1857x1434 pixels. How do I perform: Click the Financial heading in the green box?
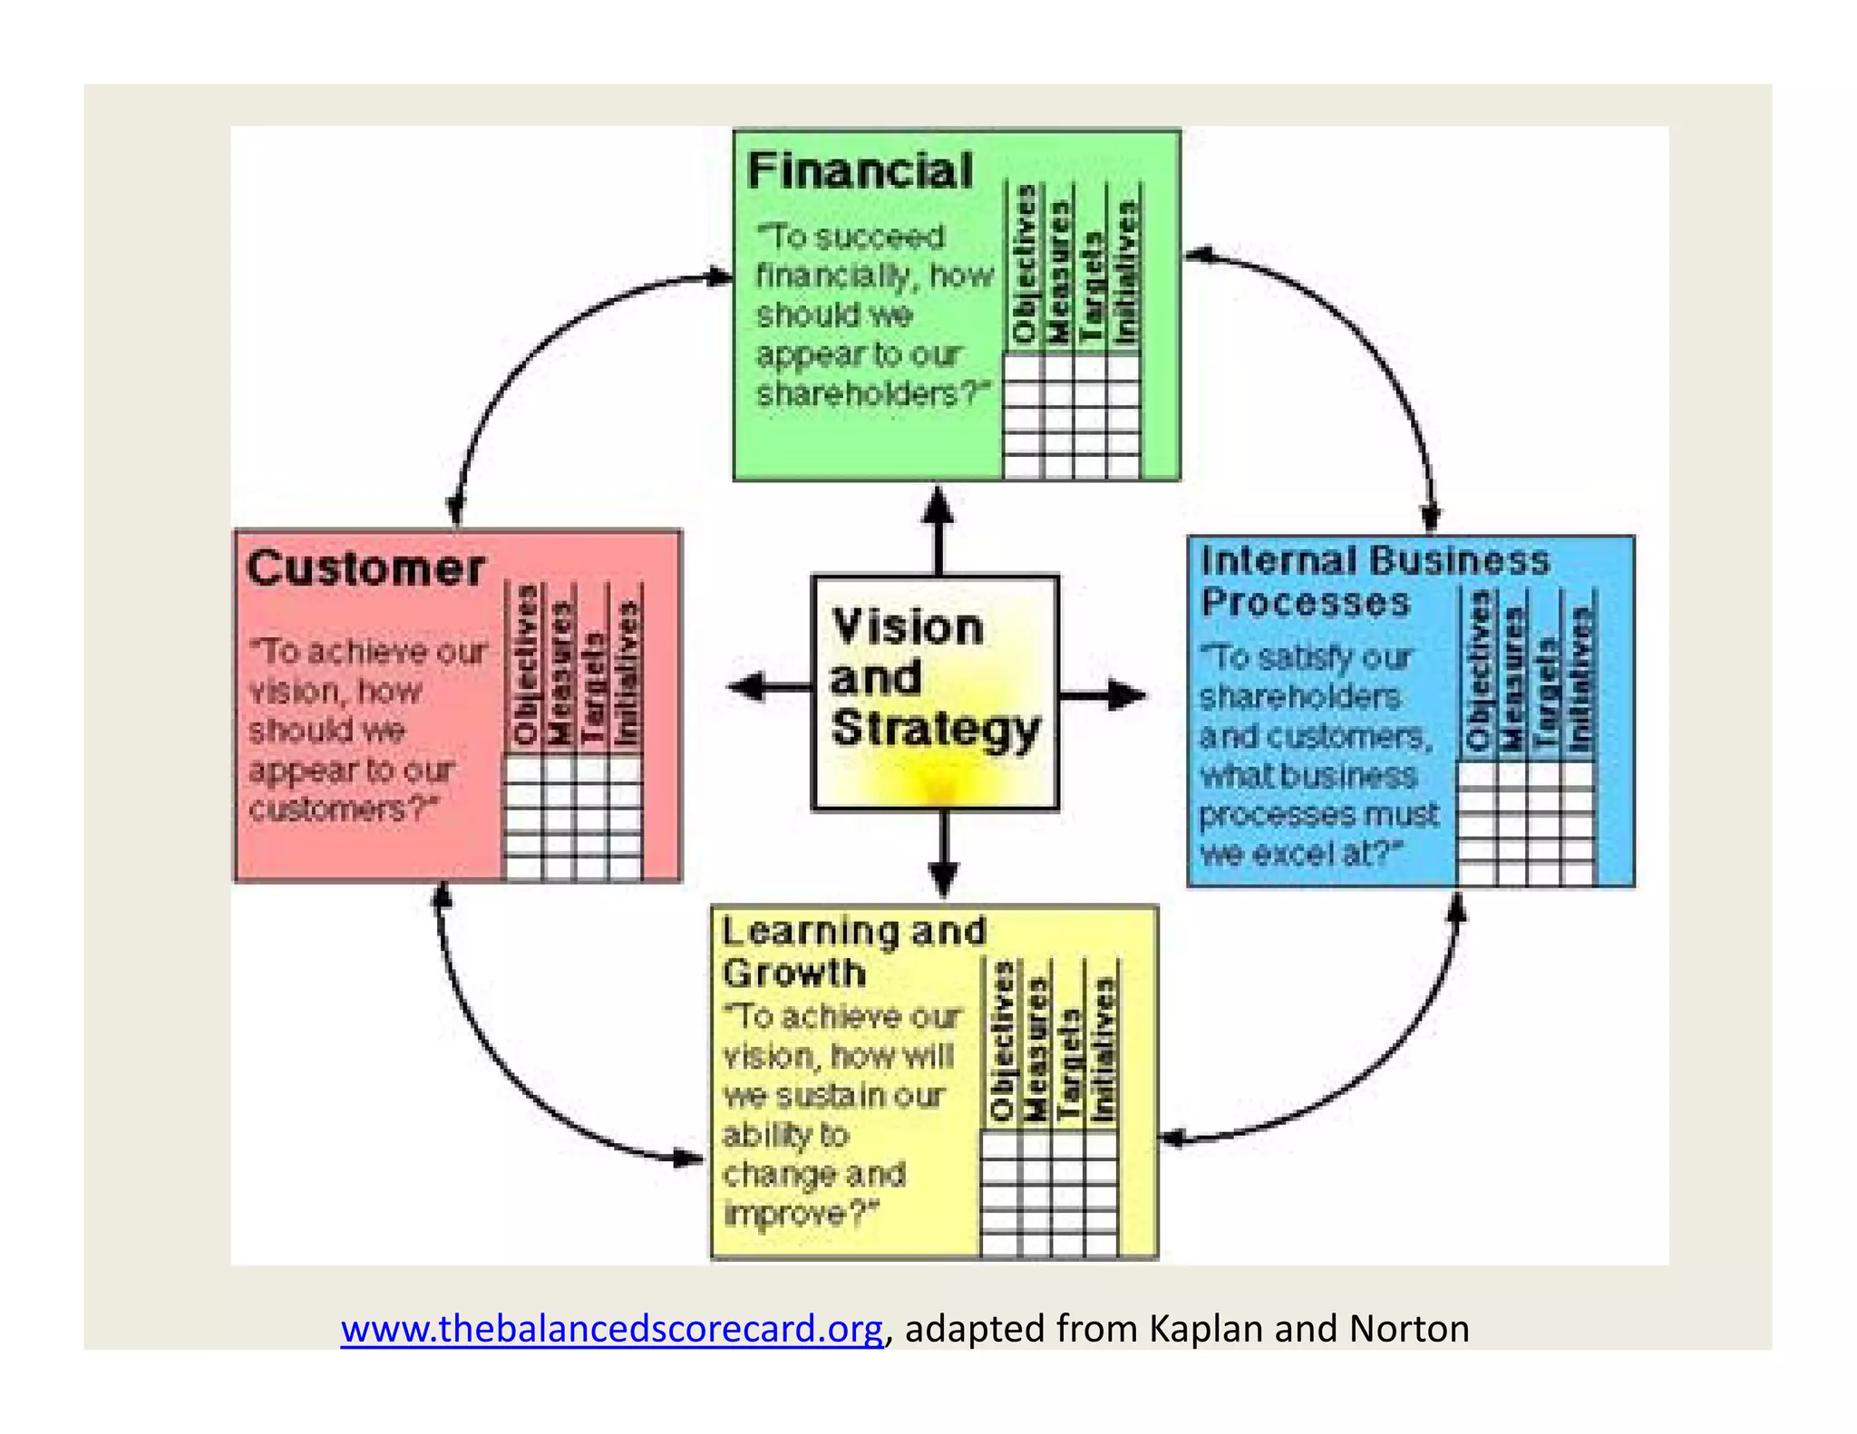point(860,170)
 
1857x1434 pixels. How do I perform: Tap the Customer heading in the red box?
point(365,569)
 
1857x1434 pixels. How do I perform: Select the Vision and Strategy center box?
point(935,693)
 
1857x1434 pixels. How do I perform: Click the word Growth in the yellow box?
point(794,974)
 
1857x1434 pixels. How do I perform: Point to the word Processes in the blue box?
point(1306,603)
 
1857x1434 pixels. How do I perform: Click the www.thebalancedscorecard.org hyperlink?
point(611,1328)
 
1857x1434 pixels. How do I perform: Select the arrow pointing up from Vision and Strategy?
point(938,529)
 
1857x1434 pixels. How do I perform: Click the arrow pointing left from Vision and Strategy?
point(767,687)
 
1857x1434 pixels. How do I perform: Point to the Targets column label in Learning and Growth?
point(1070,1066)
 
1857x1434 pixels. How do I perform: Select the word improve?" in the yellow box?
point(801,1213)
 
